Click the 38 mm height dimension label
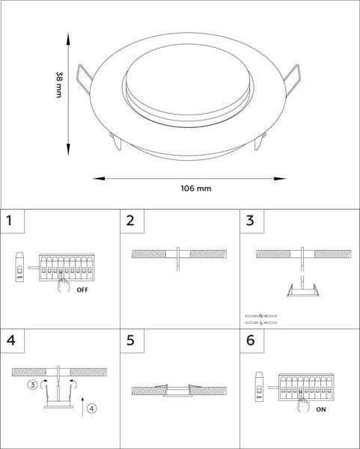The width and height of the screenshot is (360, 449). (59, 85)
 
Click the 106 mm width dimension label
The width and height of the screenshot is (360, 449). (196, 189)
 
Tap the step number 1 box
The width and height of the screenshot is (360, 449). (12, 221)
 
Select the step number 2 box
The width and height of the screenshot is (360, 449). (132, 221)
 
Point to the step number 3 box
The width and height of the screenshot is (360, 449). (252, 221)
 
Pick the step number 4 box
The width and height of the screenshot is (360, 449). (12, 340)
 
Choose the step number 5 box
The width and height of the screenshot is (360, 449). (132, 340)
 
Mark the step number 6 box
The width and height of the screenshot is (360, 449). (252, 340)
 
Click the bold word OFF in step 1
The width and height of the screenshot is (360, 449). (82, 290)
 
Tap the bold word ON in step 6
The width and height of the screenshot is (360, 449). (321, 410)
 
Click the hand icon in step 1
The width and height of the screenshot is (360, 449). (64, 284)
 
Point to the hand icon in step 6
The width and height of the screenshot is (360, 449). (303, 404)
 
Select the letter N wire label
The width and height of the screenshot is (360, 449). (260, 316)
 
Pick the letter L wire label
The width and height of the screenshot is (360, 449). (261, 323)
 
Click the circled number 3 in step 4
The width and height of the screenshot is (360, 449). (33, 385)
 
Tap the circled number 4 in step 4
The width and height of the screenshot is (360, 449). (91, 409)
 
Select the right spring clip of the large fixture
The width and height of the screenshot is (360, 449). (292, 80)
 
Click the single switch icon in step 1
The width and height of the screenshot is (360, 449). (19, 267)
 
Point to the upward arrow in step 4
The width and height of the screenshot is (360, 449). (82, 407)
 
